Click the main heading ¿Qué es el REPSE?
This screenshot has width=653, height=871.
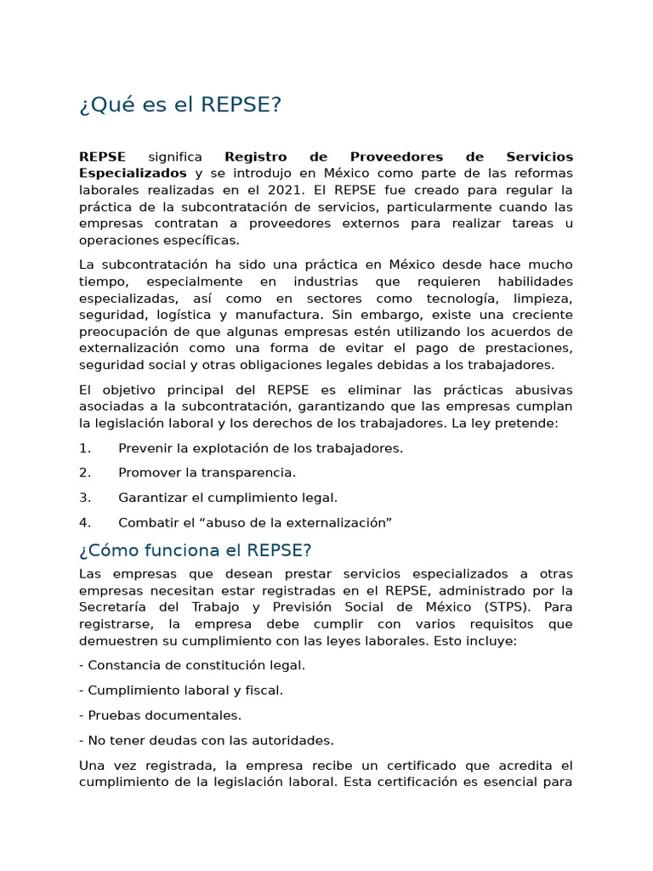179,105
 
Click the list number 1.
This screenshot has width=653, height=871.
84,448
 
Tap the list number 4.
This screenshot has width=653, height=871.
84,522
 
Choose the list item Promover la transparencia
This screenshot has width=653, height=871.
207,473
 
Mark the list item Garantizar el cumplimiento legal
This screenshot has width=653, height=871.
228,498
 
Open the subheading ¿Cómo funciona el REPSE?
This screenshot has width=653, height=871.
196,550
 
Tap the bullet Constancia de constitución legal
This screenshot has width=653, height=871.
192,665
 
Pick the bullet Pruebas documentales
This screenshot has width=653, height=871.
160,715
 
